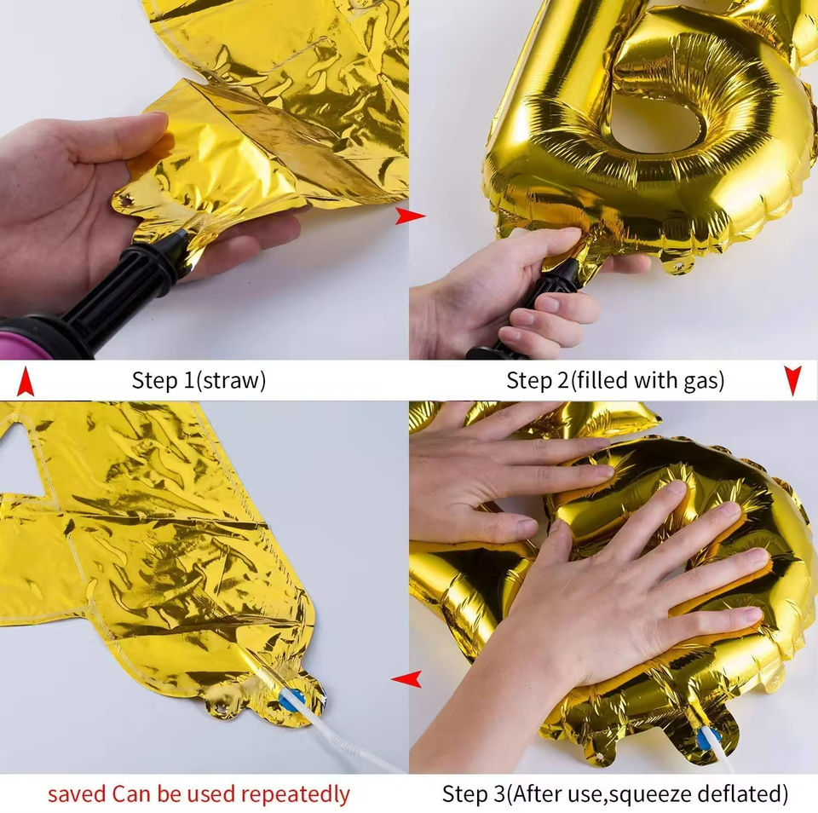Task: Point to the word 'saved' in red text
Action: coord(78,794)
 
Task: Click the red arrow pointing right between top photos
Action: coord(410,216)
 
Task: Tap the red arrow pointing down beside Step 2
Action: coord(792,380)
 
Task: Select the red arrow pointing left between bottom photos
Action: coord(406,679)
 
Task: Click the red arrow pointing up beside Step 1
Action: coord(25,382)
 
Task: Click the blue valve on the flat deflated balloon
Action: coord(291,700)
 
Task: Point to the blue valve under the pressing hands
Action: coord(708,738)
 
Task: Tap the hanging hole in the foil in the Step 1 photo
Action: coord(125,200)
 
